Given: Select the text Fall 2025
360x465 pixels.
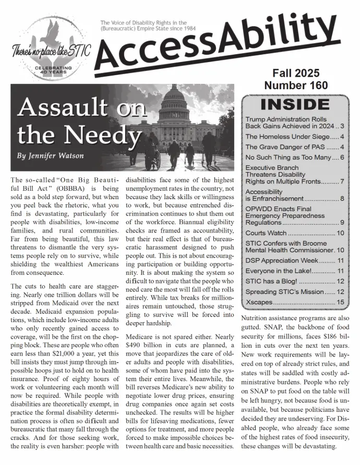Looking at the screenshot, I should (296, 73).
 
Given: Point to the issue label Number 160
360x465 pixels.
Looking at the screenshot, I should (296, 85).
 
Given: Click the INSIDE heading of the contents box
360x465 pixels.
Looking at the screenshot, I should (295, 104).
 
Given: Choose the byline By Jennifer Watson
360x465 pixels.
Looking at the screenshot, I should (50, 155).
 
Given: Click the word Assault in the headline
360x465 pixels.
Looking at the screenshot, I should (60, 108).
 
